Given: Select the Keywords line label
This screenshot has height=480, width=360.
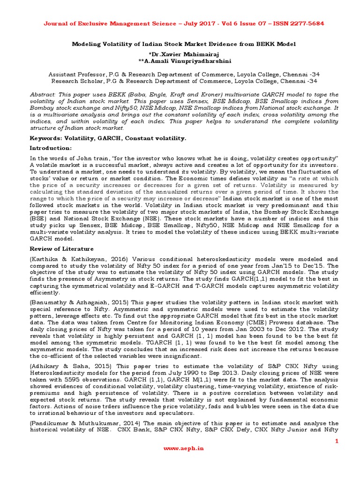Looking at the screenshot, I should coord(48,138).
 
